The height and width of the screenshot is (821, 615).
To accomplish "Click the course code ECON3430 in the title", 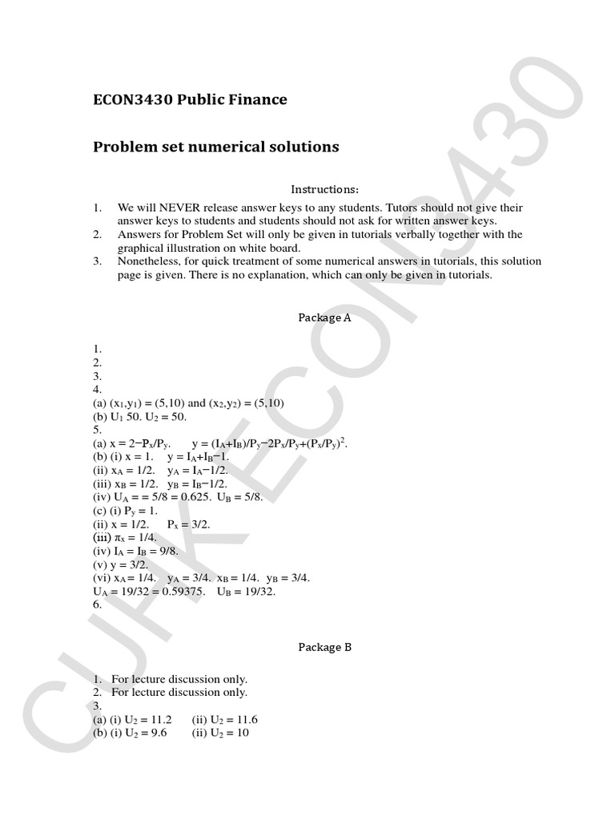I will click(x=133, y=100).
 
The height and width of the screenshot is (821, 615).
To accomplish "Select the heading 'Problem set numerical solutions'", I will click(x=216, y=148).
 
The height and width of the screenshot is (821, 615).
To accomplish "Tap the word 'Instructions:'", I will click(x=324, y=190).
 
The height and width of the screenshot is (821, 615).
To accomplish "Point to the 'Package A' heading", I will click(x=324, y=317).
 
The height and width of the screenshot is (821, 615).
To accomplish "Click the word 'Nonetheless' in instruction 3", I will click(x=149, y=261).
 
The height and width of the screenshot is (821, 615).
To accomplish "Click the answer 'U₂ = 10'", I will click(x=229, y=733).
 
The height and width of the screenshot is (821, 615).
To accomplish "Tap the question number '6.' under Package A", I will click(x=98, y=605).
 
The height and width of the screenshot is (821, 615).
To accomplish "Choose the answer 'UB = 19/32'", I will click(x=246, y=592).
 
